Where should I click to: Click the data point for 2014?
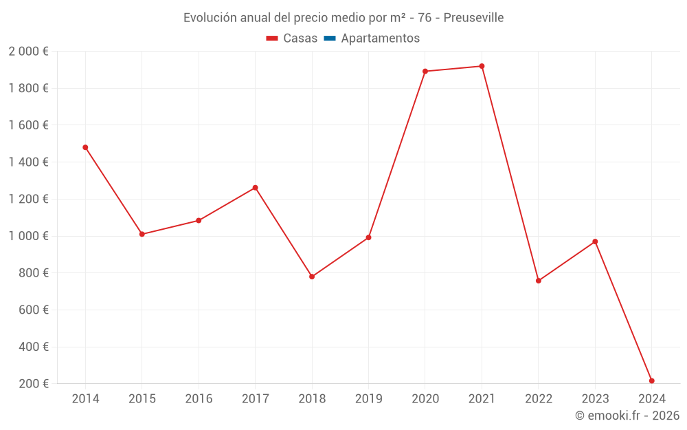[x=85, y=147]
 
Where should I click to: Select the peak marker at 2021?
[x=482, y=66]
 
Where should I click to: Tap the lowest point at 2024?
[x=651, y=380]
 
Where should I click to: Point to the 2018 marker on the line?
[x=312, y=277]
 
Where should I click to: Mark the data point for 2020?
[x=425, y=71]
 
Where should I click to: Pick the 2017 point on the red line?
[x=255, y=188]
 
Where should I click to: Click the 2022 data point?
[x=539, y=281]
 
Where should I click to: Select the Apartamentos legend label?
[x=380, y=39]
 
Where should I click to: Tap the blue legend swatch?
[x=329, y=39]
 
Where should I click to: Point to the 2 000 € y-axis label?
[x=28, y=51]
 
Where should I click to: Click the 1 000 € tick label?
[x=28, y=236]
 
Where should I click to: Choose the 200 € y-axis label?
[x=33, y=383]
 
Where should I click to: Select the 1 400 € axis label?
[x=28, y=162]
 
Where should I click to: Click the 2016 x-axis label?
[x=199, y=399]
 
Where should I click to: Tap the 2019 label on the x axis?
[x=368, y=399]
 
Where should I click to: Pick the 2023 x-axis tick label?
[x=595, y=399]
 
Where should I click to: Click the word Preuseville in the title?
[x=473, y=18]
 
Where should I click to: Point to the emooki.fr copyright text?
[x=627, y=416]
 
